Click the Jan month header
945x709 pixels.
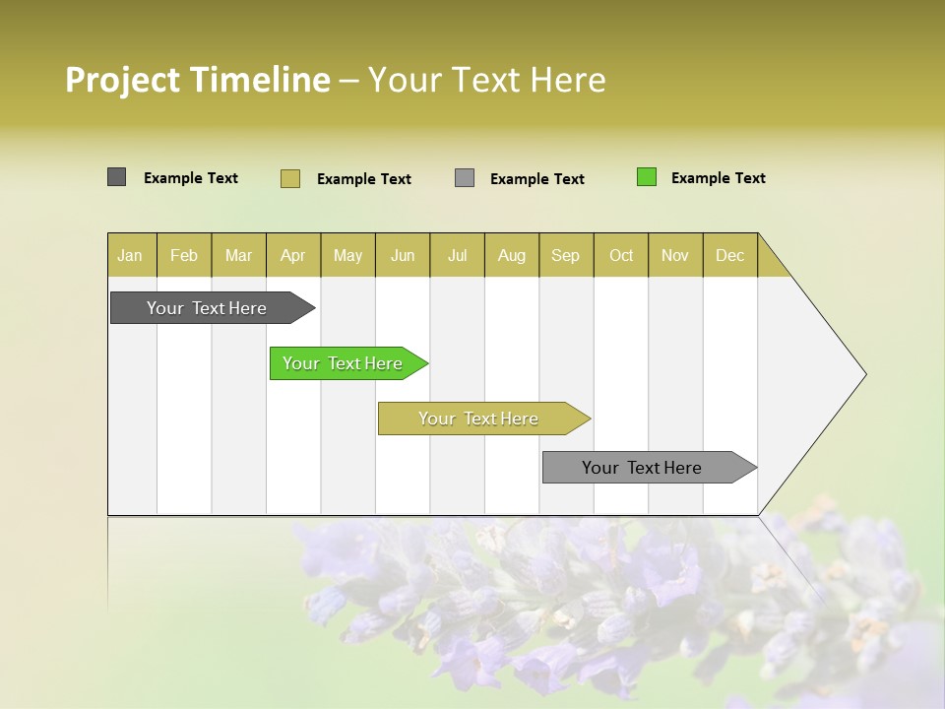pyautogui.click(x=131, y=255)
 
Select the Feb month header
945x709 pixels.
pyautogui.click(x=184, y=255)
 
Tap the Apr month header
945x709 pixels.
pyautogui.click(x=293, y=255)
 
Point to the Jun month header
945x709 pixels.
pyautogui.click(x=403, y=255)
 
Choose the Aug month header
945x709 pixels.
pyautogui.click(x=512, y=255)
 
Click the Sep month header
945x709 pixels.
pyautogui.click(x=566, y=255)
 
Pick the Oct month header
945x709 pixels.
pyautogui.click(x=621, y=255)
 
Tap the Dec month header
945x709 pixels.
pyautogui.click(x=730, y=255)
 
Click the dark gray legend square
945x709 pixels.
pyautogui.click(x=117, y=177)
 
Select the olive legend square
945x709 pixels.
pyautogui.click(x=290, y=178)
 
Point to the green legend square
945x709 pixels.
pyautogui.click(x=647, y=177)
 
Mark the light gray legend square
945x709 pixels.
pyautogui.click(x=465, y=178)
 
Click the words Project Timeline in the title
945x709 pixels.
pyautogui.click(x=197, y=80)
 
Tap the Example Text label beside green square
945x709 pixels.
pyautogui.click(x=718, y=178)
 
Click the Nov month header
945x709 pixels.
pyautogui.click(x=675, y=255)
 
